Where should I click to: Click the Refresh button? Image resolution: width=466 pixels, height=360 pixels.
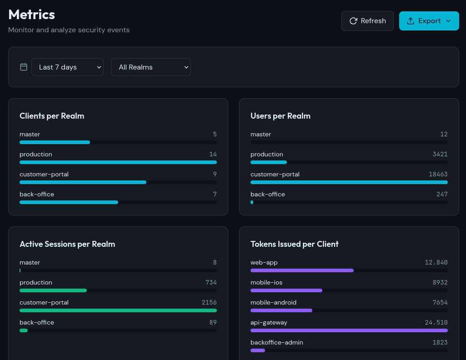[x=367, y=21]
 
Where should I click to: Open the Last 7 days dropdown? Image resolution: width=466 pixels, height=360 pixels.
[x=67, y=67]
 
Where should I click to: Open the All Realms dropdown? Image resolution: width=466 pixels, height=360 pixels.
[x=150, y=67]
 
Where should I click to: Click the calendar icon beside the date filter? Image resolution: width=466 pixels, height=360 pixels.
[x=24, y=67]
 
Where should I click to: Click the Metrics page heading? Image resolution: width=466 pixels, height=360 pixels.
[x=32, y=15]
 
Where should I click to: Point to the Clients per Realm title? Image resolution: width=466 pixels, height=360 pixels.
[x=52, y=116]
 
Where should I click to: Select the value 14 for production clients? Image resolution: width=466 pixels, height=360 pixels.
[x=213, y=155]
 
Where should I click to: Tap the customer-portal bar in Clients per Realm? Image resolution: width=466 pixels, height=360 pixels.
[x=83, y=182]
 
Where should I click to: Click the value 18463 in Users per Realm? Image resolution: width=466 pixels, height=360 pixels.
[x=438, y=175]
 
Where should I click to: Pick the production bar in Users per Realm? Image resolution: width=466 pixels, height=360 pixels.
[x=269, y=162]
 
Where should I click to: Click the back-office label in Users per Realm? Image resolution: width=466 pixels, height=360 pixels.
[x=268, y=195]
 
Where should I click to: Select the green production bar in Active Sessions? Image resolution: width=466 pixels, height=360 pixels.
[x=53, y=290]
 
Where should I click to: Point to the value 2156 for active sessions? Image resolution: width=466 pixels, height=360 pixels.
[x=209, y=303]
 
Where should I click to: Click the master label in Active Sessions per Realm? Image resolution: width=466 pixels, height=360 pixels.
[x=30, y=263]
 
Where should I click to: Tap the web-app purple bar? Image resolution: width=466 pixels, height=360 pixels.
[x=302, y=270]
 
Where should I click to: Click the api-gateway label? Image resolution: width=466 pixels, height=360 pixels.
[x=269, y=323]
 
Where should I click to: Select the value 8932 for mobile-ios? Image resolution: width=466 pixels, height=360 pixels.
[x=440, y=283]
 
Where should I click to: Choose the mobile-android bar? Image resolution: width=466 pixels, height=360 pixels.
[x=281, y=310]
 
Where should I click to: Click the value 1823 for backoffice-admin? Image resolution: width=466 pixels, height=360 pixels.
[x=440, y=343]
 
